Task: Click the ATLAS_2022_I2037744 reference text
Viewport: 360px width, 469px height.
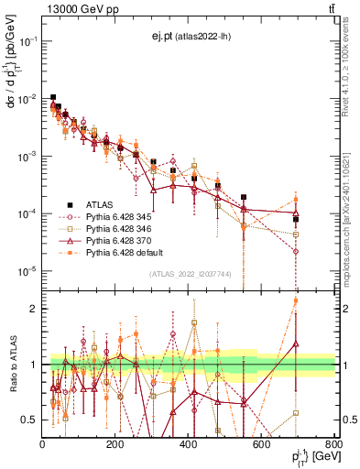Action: tap(190, 275)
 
